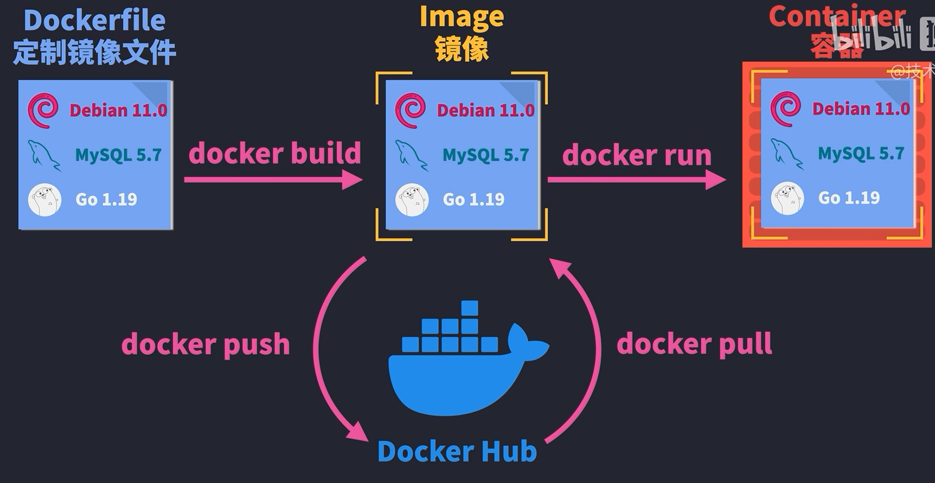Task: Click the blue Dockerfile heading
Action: pos(94,21)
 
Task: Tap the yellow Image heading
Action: pos(462,17)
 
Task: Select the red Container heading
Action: pos(836,16)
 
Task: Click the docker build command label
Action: pos(275,153)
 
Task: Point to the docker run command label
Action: pos(636,155)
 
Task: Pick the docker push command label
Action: pos(206,344)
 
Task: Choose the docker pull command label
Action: pos(694,344)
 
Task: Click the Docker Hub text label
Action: pos(457,451)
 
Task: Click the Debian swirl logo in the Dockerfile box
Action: pos(43,110)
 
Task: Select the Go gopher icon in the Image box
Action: pos(412,200)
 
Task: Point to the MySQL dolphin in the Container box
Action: pos(786,153)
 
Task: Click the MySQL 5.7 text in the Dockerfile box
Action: pos(118,155)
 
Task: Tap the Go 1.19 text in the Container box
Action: pos(849,198)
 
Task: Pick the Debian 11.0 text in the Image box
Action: pos(485,110)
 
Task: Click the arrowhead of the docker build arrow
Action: pos(353,180)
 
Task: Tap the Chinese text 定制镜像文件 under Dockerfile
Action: pos(94,52)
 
